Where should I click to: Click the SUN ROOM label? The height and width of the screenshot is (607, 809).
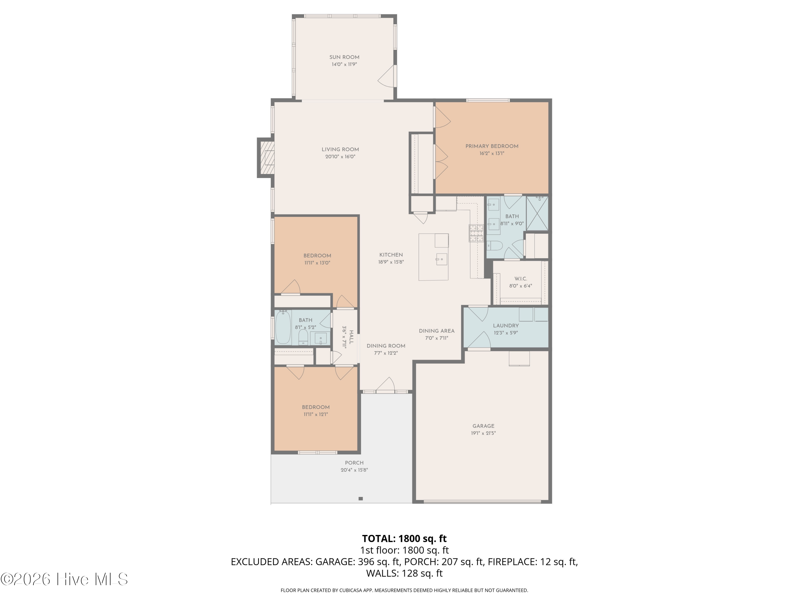click(x=344, y=57)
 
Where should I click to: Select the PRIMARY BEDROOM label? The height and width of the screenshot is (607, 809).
click(x=492, y=146)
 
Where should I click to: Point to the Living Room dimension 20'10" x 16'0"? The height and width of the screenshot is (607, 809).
click(x=340, y=156)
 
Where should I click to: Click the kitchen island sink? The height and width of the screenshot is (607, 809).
click(x=441, y=259)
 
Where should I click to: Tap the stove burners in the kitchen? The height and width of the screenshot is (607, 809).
click(x=476, y=233)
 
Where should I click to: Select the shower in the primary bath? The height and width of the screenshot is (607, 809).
click(x=537, y=213)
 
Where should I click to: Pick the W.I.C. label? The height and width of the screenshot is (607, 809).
click(x=520, y=279)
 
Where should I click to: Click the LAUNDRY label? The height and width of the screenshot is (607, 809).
click(x=506, y=326)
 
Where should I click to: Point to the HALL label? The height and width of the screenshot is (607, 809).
click(x=351, y=337)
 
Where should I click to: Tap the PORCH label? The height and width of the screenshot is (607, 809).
click(x=354, y=463)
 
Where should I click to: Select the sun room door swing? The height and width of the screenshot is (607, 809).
click(x=387, y=76)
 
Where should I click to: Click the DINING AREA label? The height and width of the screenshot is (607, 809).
click(x=437, y=331)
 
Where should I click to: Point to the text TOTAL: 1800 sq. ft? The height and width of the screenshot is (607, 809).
click(x=404, y=538)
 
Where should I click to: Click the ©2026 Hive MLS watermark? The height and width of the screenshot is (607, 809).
click(x=64, y=579)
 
